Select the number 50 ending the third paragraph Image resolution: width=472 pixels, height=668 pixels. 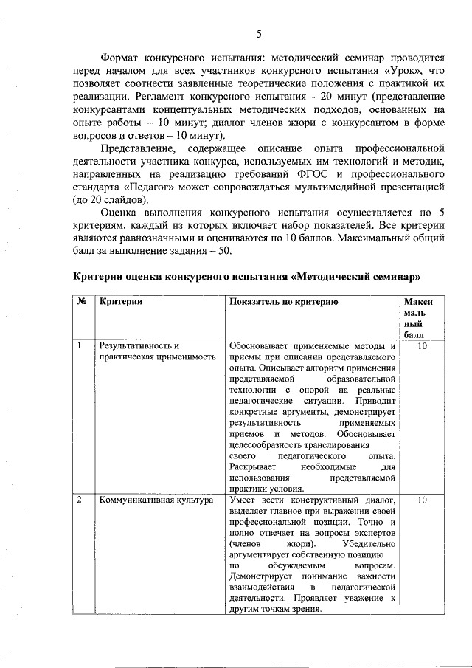pyautogui.click(x=223, y=251)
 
